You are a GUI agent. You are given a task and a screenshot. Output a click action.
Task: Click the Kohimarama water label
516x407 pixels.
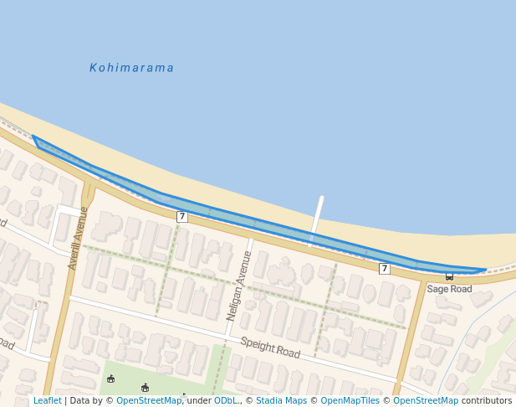[x=131, y=68]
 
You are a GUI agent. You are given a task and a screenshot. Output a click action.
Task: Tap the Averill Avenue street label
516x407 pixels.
[x=79, y=238]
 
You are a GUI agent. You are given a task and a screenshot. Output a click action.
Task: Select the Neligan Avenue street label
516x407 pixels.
[x=239, y=286]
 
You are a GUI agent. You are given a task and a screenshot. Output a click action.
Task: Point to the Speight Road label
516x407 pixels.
[x=270, y=347]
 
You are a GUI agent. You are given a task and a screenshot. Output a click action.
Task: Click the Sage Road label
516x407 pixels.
[x=449, y=289]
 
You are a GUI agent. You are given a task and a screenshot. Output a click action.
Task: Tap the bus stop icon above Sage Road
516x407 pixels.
[x=449, y=276]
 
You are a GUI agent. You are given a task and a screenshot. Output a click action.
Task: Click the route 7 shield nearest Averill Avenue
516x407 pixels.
[x=181, y=217]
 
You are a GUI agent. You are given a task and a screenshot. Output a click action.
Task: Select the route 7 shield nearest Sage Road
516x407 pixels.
[x=384, y=269]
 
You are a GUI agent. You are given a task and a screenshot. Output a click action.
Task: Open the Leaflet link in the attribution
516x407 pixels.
[x=47, y=401]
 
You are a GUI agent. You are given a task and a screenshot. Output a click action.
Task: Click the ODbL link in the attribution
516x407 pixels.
[x=226, y=401]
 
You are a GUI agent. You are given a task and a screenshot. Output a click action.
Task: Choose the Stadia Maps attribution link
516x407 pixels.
[x=281, y=401]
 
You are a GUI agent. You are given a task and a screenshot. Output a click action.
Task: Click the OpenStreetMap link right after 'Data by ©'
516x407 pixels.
[x=149, y=401]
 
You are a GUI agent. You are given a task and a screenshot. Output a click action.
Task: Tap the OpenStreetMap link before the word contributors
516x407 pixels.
[x=426, y=401]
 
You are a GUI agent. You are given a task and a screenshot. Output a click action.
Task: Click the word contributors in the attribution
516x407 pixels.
[x=487, y=401]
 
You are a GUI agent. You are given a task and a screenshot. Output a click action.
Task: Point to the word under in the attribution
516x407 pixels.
[x=199, y=401]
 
